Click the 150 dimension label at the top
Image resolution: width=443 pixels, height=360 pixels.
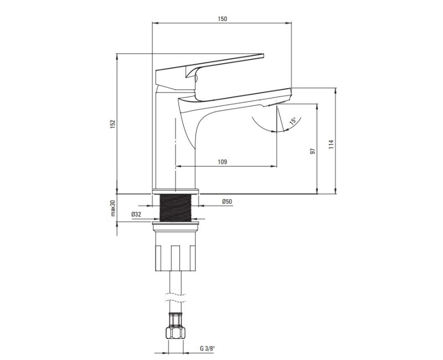[223, 19]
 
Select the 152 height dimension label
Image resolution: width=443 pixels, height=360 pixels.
[113, 124]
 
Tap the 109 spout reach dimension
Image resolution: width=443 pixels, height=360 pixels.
[223, 162]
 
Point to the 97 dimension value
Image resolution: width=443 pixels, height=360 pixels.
[312, 151]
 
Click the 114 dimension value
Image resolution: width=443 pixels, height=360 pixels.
[331, 144]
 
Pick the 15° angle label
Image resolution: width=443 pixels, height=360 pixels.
[293, 121]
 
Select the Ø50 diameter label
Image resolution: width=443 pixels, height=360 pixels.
[227, 202]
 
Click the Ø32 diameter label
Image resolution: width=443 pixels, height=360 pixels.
[136, 214]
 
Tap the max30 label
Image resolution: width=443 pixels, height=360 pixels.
[113, 208]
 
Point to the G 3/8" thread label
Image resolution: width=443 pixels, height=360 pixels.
[207, 348]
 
